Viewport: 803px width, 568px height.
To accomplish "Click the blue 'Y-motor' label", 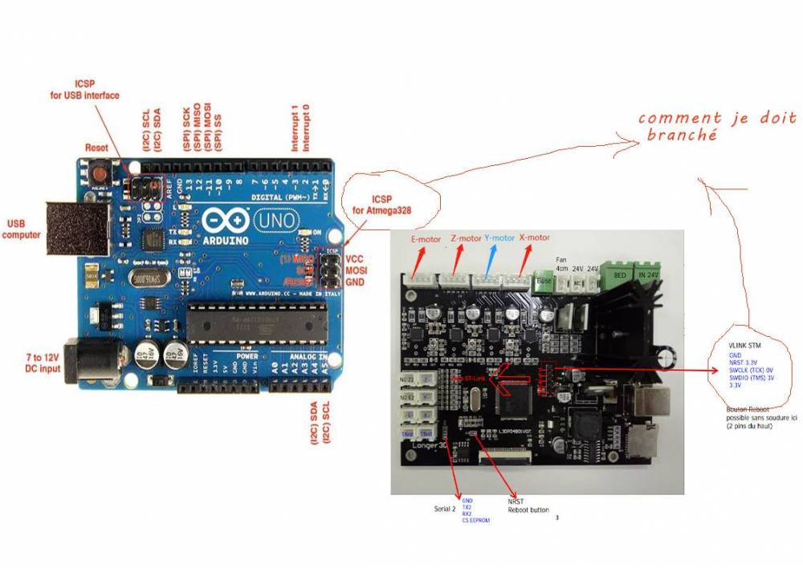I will pyautogui.click(x=499, y=238).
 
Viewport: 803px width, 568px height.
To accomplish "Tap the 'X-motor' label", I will pyautogui.click(x=535, y=238).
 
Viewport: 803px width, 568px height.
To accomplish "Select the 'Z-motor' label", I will pyautogui.click(x=465, y=239).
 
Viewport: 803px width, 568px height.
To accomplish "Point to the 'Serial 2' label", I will pyautogui.click(x=445, y=508).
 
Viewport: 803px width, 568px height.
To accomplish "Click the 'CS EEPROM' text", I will pyautogui.click(x=476, y=520).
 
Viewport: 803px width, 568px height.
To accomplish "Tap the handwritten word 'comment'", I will pyautogui.click(x=680, y=119).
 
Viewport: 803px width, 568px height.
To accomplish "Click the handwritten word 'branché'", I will pyautogui.click(x=682, y=136).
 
